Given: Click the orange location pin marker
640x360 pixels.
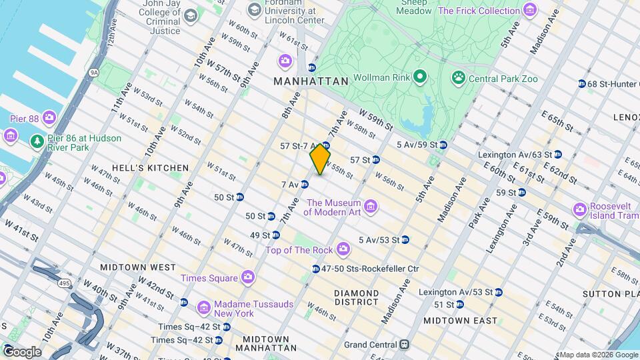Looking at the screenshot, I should pyautogui.click(x=321, y=159).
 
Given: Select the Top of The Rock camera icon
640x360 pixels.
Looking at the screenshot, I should pyautogui.click(x=343, y=249).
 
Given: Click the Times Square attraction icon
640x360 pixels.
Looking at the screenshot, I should pyautogui.click(x=248, y=276).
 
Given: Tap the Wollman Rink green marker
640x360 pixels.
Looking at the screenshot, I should pyautogui.click(x=419, y=77).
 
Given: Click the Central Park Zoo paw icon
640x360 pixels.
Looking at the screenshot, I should pyautogui.click(x=458, y=77).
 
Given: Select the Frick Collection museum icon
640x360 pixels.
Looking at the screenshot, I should pyautogui.click(x=530, y=10).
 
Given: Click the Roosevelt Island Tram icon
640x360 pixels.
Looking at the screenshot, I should pyautogui.click(x=581, y=210).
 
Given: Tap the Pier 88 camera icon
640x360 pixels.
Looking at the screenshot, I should pyautogui.click(x=49, y=118).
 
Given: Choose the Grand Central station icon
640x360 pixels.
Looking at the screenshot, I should pyautogui.click(x=404, y=345).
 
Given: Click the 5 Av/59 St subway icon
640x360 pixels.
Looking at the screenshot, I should pyautogui.click(x=443, y=145).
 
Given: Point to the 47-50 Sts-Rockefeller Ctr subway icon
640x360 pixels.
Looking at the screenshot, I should pyautogui.click(x=315, y=269).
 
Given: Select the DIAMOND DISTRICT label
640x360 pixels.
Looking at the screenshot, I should pyautogui.click(x=357, y=298).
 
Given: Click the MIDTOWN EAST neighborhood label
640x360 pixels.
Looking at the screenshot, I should pyautogui.click(x=460, y=321).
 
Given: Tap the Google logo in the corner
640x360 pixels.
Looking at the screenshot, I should pyautogui.click(x=21, y=351).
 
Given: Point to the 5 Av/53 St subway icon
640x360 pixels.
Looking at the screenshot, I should pyautogui.click(x=405, y=240).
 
